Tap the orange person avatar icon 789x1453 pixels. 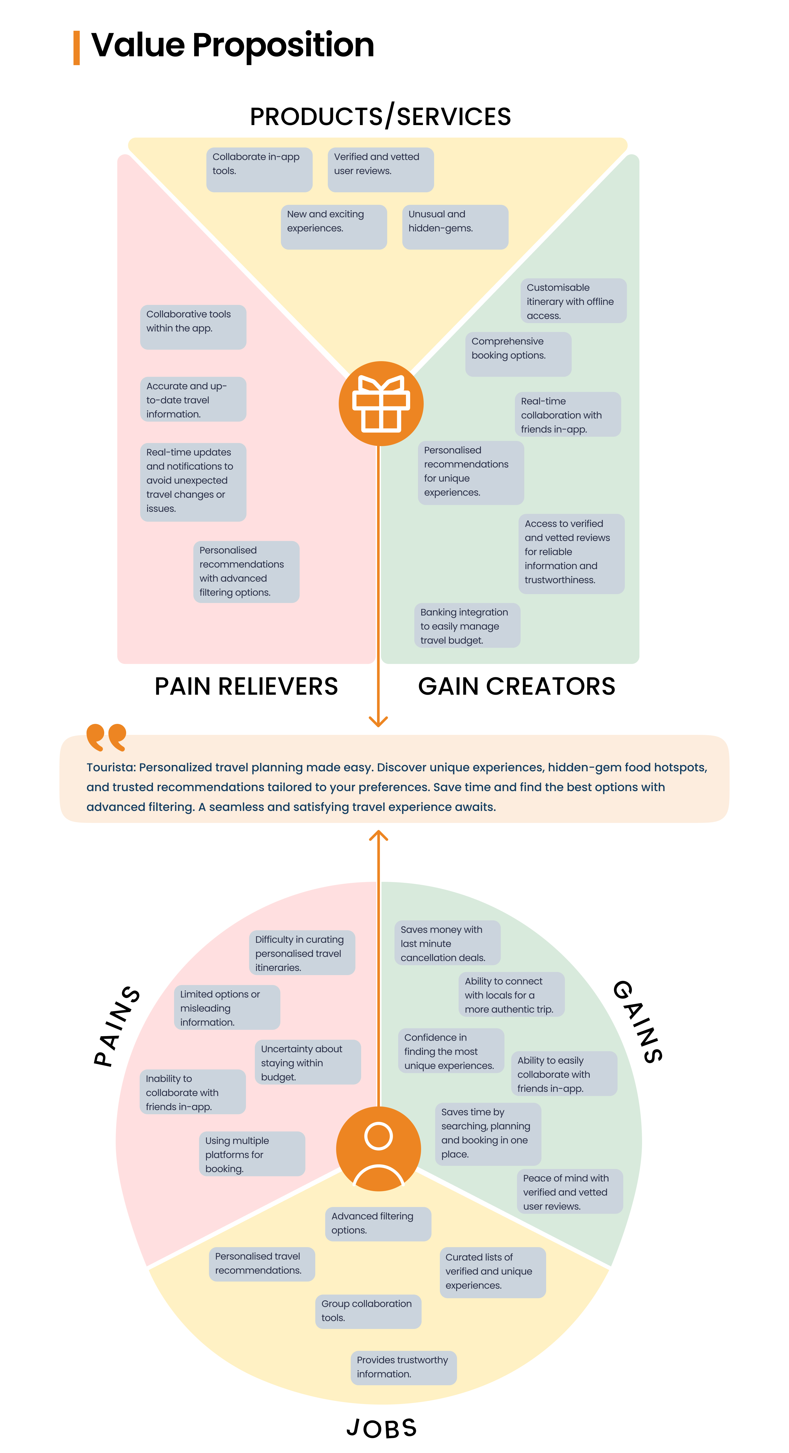tap(378, 1148)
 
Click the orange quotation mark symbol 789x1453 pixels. tap(106, 737)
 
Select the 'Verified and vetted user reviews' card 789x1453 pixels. tap(381, 169)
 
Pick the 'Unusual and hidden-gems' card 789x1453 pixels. tap(455, 227)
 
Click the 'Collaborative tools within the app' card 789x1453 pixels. tap(193, 327)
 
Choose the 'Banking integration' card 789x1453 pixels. tap(467, 626)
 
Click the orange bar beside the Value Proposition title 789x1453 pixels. tap(77, 48)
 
